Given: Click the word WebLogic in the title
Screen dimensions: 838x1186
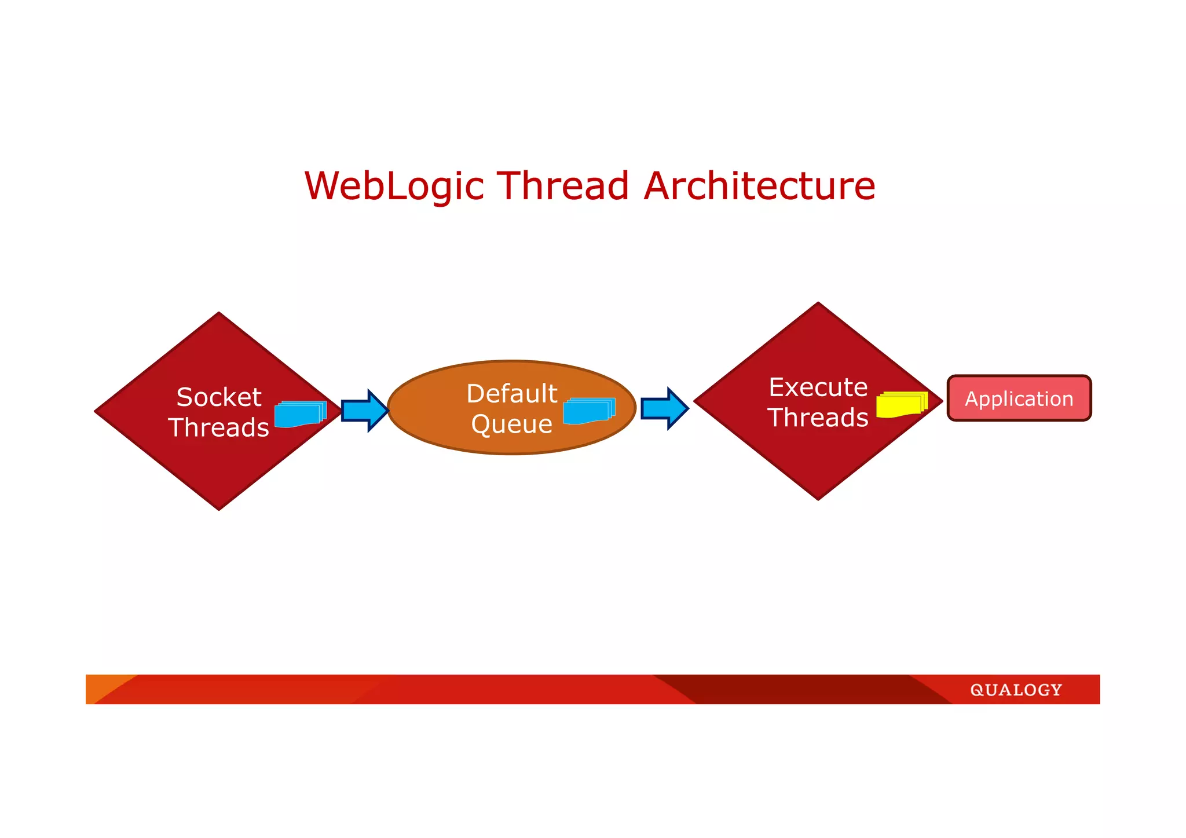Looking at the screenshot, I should pyautogui.click(x=394, y=186).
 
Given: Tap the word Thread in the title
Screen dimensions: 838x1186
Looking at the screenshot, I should pyautogui.click(x=563, y=186).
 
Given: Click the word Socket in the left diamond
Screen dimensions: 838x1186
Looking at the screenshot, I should pyautogui.click(x=219, y=397).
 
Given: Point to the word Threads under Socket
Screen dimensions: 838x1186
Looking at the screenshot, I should pyautogui.click(x=219, y=427).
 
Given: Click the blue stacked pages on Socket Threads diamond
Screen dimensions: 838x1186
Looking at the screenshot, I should pyautogui.click(x=299, y=413).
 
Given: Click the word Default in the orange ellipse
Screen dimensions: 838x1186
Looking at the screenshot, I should pyautogui.click(x=512, y=394).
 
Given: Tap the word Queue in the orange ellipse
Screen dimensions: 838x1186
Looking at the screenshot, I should pyautogui.click(x=512, y=425).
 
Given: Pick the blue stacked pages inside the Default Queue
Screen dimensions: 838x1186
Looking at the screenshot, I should pyautogui.click(x=588, y=411).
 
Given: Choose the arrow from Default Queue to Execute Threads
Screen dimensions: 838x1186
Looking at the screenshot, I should pyautogui.click(x=664, y=408).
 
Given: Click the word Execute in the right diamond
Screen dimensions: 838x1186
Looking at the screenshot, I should pyautogui.click(x=818, y=387).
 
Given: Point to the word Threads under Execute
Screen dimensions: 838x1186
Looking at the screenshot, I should pyautogui.click(x=818, y=418).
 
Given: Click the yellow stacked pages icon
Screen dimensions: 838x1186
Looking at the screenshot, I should pyautogui.click(x=901, y=404).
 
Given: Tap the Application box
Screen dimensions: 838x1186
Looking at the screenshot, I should pyautogui.click(x=1019, y=398).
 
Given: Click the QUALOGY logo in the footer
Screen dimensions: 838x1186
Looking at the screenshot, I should pyautogui.click(x=1016, y=690).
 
